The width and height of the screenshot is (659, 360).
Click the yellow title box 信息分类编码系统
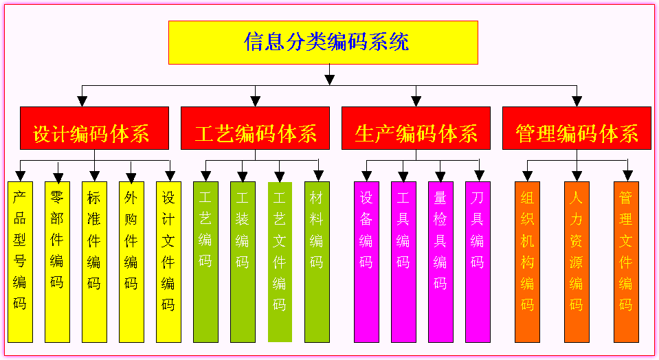tap(323, 43)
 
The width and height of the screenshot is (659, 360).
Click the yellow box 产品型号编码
tap(20, 262)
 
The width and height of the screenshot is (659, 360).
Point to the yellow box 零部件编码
tap(57, 262)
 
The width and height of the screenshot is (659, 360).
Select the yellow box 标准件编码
tap(94, 262)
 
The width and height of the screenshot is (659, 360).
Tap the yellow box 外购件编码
tap(131, 262)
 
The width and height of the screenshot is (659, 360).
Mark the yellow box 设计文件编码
tap(168, 262)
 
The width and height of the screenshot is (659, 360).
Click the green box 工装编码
tap(243, 262)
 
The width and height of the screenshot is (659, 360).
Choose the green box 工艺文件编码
tap(280, 262)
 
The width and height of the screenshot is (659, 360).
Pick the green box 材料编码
tap(317, 262)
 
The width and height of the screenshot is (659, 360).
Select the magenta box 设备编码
tap(366, 262)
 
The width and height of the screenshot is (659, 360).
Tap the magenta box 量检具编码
tap(440, 262)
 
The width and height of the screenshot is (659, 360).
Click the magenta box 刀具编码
tap(478, 262)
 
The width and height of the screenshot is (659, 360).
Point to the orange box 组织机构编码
tap(527, 262)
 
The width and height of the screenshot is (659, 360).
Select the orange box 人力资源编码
tap(577, 262)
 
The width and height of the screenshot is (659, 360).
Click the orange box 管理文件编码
tap(626, 262)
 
